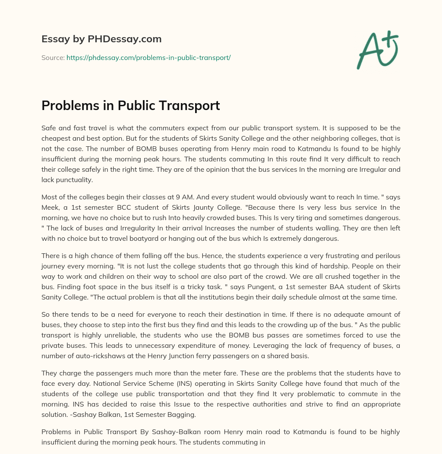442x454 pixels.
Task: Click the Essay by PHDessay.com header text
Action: pos(101,39)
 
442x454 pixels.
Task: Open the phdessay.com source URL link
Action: pos(148,57)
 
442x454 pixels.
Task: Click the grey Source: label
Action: pos(53,57)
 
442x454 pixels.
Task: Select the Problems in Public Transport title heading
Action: pos(130,106)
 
